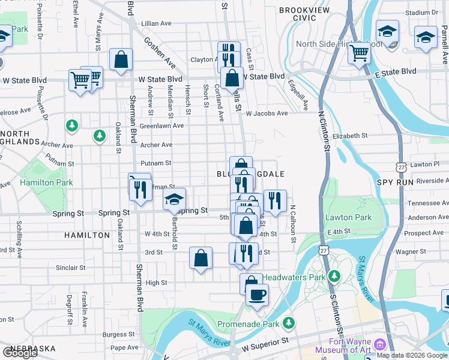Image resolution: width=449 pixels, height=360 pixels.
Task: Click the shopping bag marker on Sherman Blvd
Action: coord(121,59)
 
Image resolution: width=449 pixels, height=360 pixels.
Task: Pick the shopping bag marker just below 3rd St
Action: coord(201,258)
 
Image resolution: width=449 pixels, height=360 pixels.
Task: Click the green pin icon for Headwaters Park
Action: coord(334,277)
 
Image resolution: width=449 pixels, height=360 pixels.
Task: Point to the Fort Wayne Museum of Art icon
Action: coord(379,345)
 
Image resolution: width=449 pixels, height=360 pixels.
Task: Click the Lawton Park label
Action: coord(348,217)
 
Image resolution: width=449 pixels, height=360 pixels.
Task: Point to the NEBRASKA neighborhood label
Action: coord(28,349)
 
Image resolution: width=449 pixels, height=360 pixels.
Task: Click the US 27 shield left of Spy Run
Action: coord(400,166)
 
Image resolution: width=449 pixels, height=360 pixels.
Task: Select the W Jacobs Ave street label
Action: coord(266,113)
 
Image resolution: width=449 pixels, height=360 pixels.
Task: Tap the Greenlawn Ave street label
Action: coord(161,126)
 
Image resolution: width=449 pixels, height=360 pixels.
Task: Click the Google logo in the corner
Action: coord(19,353)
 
